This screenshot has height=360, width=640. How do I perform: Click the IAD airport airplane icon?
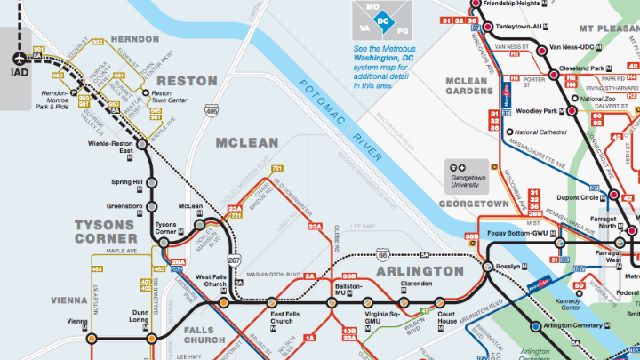[x=20, y=59]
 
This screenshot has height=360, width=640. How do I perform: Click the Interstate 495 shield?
[x=211, y=110]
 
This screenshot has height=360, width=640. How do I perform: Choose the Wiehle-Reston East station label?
[x=110, y=148]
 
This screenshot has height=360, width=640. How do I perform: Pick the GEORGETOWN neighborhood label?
[x=474, y=204]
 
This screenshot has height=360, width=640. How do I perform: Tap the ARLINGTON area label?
[x=420, y=270]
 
